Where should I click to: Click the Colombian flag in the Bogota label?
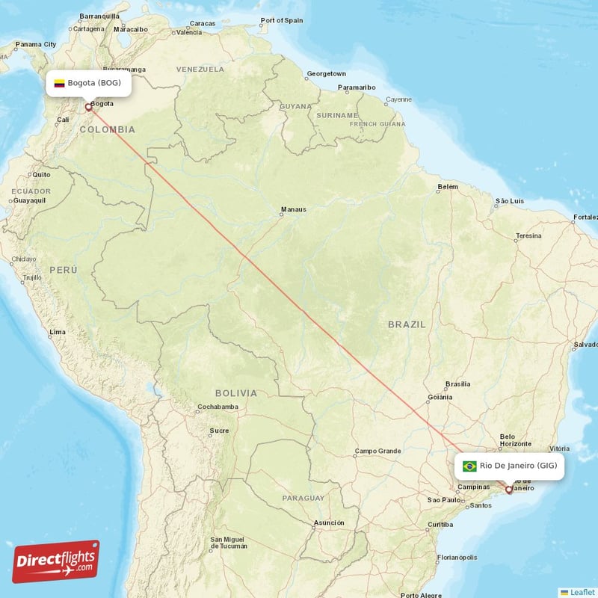pos(59,83)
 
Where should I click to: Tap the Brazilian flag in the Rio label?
pos(469,466)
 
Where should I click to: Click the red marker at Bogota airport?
pos(88,108)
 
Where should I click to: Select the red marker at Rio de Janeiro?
pos(509,490)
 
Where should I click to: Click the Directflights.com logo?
pos(56,561)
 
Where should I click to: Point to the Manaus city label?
pos(292,209)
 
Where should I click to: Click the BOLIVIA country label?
pos(235,392)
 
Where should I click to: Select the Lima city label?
pos(58,331)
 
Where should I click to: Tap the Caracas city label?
pos(202,24)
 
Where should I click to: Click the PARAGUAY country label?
pos(303,498)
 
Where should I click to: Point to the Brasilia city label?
pos(457,384)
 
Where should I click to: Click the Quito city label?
pos(40,174)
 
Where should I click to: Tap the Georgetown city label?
pos(327,74)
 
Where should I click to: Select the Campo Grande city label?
pos(377,451)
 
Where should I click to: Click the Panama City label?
pos(37,44)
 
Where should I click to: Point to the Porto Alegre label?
pos(421,596)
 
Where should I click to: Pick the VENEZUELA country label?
pos(200,69)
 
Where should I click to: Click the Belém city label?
pos(448,186)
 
